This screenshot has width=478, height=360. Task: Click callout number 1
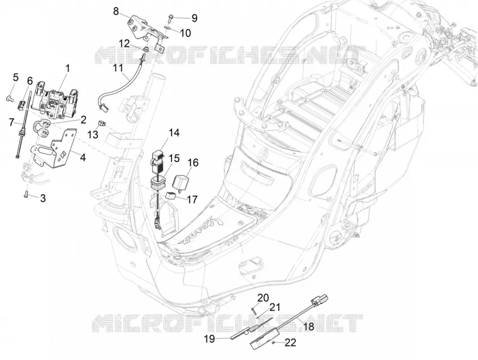(x=68, y=68)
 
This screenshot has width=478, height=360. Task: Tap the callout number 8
(x=116, y=11)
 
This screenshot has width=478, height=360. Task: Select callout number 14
(x=174, y=133)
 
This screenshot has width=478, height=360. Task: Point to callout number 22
(x=290, y=343)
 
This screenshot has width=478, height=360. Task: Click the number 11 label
(x=118, y=68)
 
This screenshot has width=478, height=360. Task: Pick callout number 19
(x=210, y=338)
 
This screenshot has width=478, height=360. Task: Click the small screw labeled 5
(x=8, y=98)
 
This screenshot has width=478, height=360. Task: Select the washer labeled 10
(x=167, y=28)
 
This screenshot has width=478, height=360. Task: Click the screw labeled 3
(x=26, y=194)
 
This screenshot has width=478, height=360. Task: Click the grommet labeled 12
(x=146, y=49)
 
